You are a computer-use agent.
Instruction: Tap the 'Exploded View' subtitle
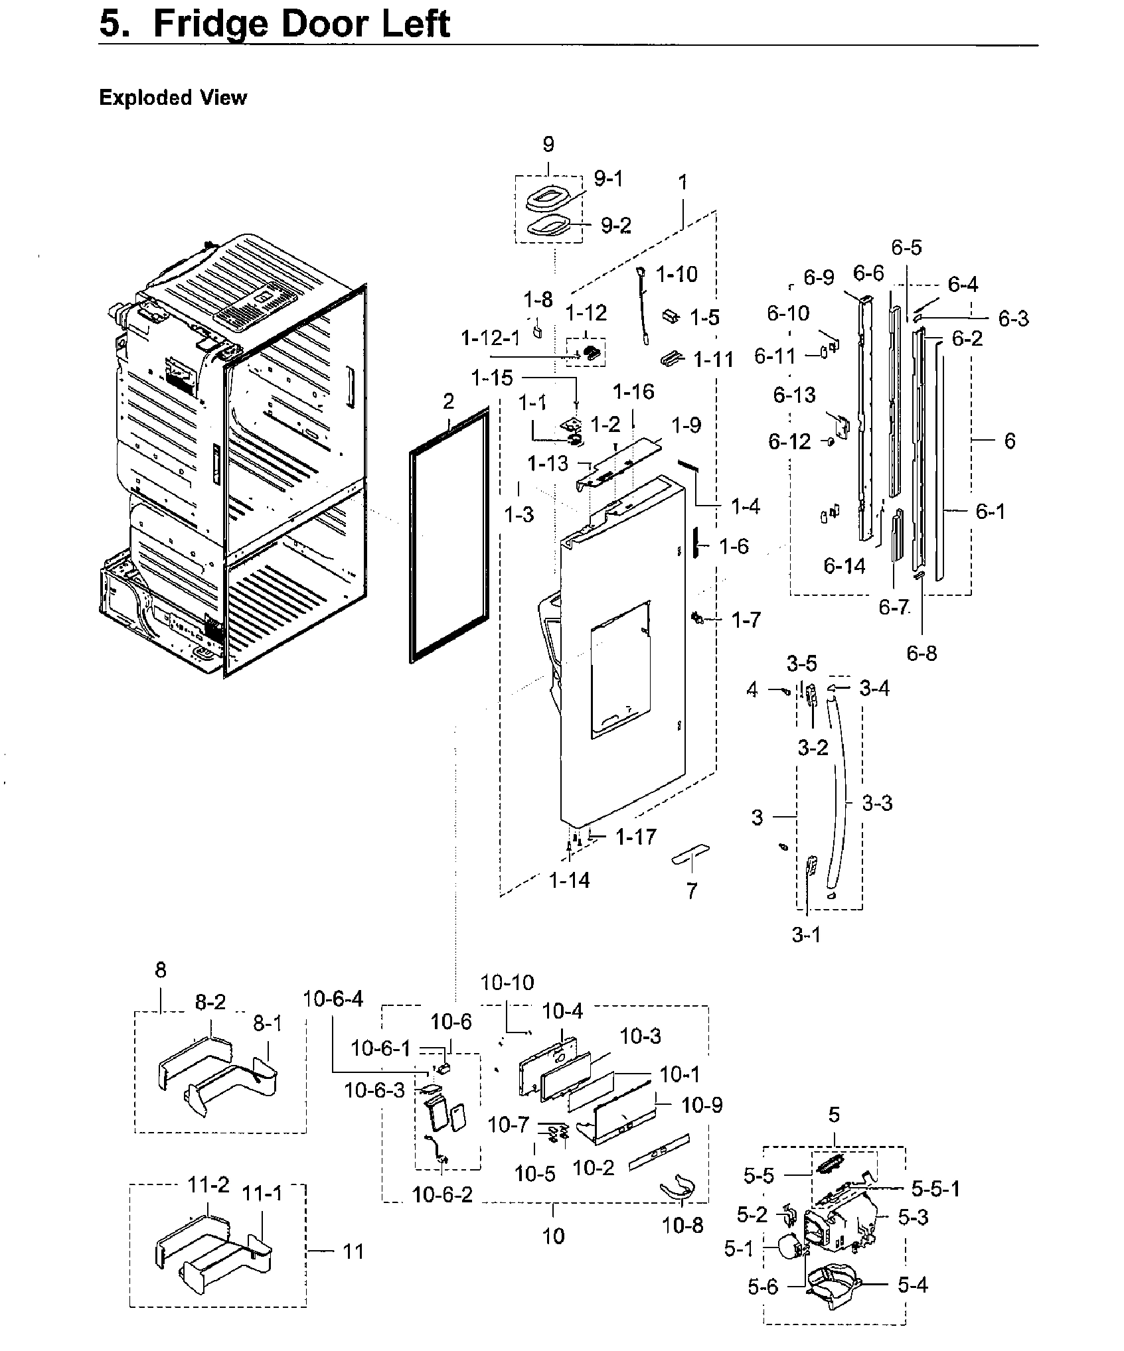[173, 98]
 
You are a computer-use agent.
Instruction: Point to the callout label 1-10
[677, 273]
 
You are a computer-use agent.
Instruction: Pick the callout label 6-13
[794, 395]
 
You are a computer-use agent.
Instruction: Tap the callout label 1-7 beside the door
[746, 620]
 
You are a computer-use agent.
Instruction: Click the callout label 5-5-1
[935, 1188]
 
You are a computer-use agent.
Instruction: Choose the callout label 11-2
[208, 1184]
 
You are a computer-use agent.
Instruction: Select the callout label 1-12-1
[491, 339]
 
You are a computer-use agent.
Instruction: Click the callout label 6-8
[922, 654]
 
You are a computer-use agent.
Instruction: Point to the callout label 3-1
[806, 935]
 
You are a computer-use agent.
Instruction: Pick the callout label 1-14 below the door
[569, 881]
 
